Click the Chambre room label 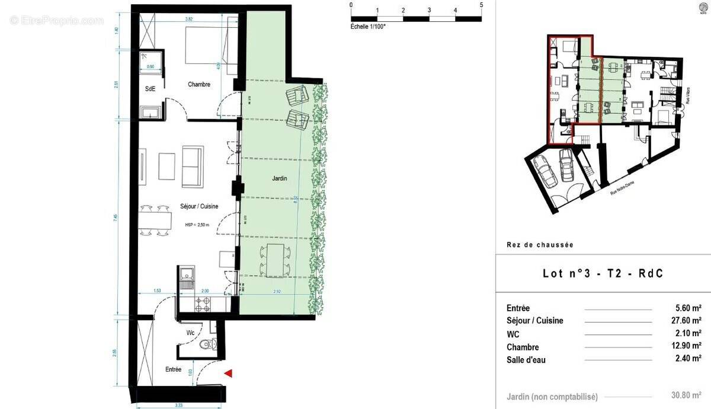(x=199, y=85)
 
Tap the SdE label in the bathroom (x=150, y=89)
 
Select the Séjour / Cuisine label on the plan (x=199, y=206)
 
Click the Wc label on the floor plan (x=190, y=333)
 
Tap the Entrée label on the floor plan (x=173, y=369)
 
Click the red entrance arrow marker (x=228, y=373)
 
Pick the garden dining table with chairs (x=275, y=260)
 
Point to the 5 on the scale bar (x=481, y=5)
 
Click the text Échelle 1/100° (x=368, y=27)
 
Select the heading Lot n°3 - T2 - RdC (x=603, y=273)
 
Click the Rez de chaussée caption (x=540, y=245)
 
